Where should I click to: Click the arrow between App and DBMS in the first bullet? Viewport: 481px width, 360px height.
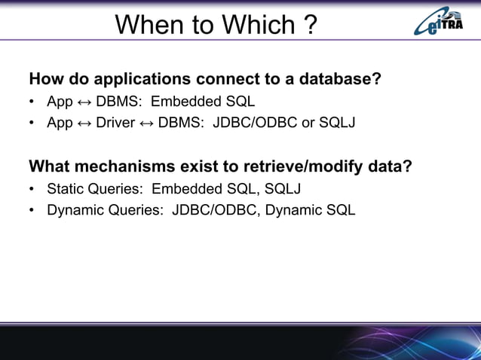click(x=84, y=102)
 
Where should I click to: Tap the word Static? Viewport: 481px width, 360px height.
click(x=65, y=188)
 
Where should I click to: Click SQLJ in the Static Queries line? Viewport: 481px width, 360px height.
click(x=283, y=188)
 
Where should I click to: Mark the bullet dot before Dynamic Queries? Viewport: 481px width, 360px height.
click(x=32, y=210)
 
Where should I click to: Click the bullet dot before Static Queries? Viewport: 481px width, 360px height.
click(x=32, y=189)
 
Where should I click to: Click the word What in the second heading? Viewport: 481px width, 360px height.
click(x=48, y=166)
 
